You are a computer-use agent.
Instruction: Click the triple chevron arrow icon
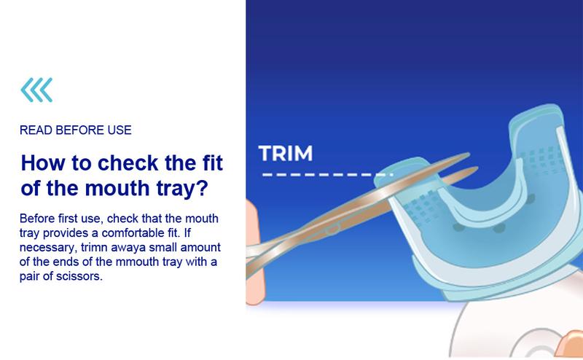(36, 90)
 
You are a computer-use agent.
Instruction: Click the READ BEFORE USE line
(76, 130)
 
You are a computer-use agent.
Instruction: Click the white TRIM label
(286, 153)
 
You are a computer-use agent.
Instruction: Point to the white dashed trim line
(327, 174)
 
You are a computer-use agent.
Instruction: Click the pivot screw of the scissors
(332, 229)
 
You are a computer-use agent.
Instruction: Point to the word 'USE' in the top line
(120, 130)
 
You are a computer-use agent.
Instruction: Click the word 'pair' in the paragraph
(29, 277)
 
